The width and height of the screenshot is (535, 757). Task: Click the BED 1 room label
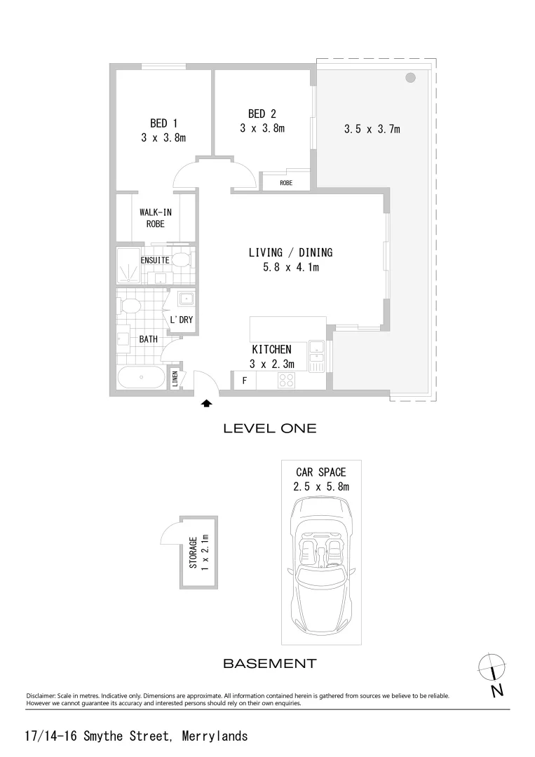click(x=163, y=123)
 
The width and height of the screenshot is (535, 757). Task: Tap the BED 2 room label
click(x=262, y=114)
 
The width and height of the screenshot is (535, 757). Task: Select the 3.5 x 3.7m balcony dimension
click(x=372, y=129)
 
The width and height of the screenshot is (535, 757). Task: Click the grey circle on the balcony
click(x=410, y=77)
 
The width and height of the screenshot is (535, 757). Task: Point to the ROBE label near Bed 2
click(x=286, y=183)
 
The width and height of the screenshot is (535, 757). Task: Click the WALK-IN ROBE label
click(x=156, y=218)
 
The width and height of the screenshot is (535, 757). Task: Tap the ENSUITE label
click(x=154, y=260)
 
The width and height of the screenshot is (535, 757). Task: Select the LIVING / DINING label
click(x=290, y=252)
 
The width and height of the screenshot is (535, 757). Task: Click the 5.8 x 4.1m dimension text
click(x=290, y=267)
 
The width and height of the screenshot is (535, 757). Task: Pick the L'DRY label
click(x=182, y=320)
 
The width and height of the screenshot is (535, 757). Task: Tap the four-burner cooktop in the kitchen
click(x=286, y=380)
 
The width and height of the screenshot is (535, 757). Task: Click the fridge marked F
click(x=244, y=381)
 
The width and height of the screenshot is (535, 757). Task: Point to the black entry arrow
click(x=207, y=403)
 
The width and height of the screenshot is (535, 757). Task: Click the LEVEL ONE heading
click(x=269, y=428)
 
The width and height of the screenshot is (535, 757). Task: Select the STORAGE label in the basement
click(x=193, y=552)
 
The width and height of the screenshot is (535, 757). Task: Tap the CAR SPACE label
click(x=320, y=472)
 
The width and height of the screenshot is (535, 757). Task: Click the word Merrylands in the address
click(x=215, y=736)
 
